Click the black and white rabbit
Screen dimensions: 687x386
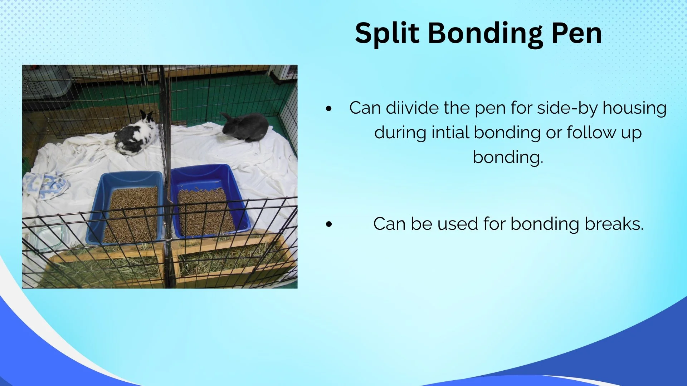tap(136, 134)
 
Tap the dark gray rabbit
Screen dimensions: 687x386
tap(245, 127)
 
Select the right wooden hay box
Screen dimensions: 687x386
tap(233, 259)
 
